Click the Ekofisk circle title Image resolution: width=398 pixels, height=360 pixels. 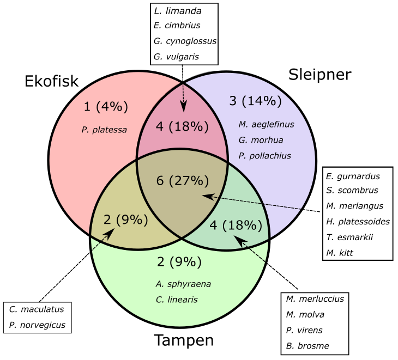click(x=52, y=81)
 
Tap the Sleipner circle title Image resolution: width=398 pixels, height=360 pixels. click(x=320, y=74)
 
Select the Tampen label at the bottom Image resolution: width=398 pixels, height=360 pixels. click(x=183, y=341)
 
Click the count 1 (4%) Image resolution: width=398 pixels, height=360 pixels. click(x=106, y=107)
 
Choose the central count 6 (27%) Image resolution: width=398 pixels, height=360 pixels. click(x=183, y=180)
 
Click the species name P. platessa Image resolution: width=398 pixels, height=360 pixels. click(x=104, y=130)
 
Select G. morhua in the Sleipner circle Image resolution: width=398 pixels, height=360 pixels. click(x=258, y=140)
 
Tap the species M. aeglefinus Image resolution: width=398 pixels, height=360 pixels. click(x=266, y=124)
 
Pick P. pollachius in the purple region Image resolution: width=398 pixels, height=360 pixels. click(x=264, y=156)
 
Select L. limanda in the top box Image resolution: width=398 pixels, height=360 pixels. click(x=177, y=10)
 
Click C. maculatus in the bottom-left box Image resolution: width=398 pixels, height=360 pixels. click(x=37, y=309)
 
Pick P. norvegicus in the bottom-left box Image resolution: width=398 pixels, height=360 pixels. click(x=37, y=325)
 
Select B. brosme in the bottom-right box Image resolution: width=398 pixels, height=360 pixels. click(x=307, y=345)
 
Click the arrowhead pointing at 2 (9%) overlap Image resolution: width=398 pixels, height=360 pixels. click(x=112, y=233)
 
